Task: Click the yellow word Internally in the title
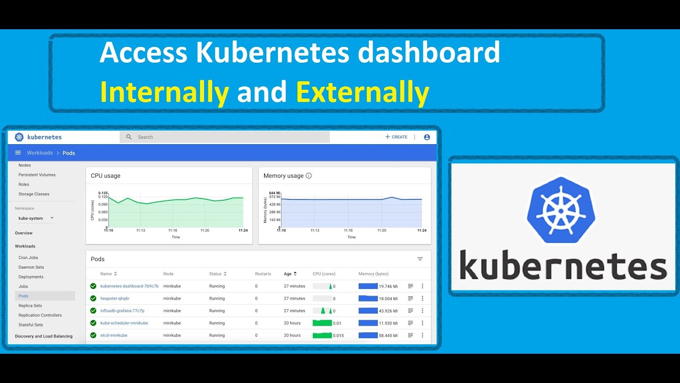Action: coord(164,92)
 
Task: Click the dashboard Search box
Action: coord(225,137)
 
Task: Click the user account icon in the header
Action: coord(427,137)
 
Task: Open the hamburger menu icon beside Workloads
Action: coord(18,153)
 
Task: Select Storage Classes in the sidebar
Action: coord(34,194)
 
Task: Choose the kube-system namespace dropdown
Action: coord(36,218)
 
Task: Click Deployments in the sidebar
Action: coord(31,277)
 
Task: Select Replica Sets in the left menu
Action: coord(30,306)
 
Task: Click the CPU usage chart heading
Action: coord(106,176)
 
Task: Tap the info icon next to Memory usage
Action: coord(309,176)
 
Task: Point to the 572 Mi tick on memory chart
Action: coord(275,197)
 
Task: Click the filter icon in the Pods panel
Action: coord(420,259)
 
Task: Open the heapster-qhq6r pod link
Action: coord(115,298)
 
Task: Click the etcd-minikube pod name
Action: coord(114,336)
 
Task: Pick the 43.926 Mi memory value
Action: coord(388,311)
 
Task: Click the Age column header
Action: coord(288,274)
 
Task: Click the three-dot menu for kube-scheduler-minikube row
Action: coord(422,323)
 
